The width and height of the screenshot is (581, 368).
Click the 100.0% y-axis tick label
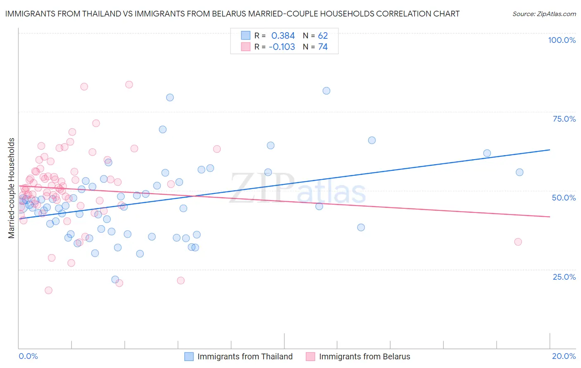click(x=562, y=40)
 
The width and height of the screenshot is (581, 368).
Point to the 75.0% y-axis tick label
click(x=564, y=119)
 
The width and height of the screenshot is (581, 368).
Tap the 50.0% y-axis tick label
click(x=564, y=198)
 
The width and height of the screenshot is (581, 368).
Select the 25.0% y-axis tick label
click(x=564, y=276)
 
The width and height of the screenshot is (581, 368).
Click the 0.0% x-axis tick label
click(x=28, y=356)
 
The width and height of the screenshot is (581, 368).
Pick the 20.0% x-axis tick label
click(x=564, y=356)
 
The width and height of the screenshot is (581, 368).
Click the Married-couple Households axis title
click(x=12, y=188)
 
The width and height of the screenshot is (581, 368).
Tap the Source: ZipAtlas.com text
click(x=544, y=14)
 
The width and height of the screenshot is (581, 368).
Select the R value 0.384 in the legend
click(x=283, y=36)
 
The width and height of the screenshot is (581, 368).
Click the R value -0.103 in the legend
click(x=282, y=47)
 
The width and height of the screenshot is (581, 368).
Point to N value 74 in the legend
click(x=323, y=47)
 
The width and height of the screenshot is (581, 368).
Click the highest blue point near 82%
click(x=326, y=91)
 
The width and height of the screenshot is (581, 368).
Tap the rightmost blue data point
click(x=519, y=172)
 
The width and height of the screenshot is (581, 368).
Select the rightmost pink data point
click(x=518, y=242)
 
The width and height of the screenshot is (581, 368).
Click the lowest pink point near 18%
click(x=48, y=290)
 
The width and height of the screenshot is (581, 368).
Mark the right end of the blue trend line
click(x=550, y=150)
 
